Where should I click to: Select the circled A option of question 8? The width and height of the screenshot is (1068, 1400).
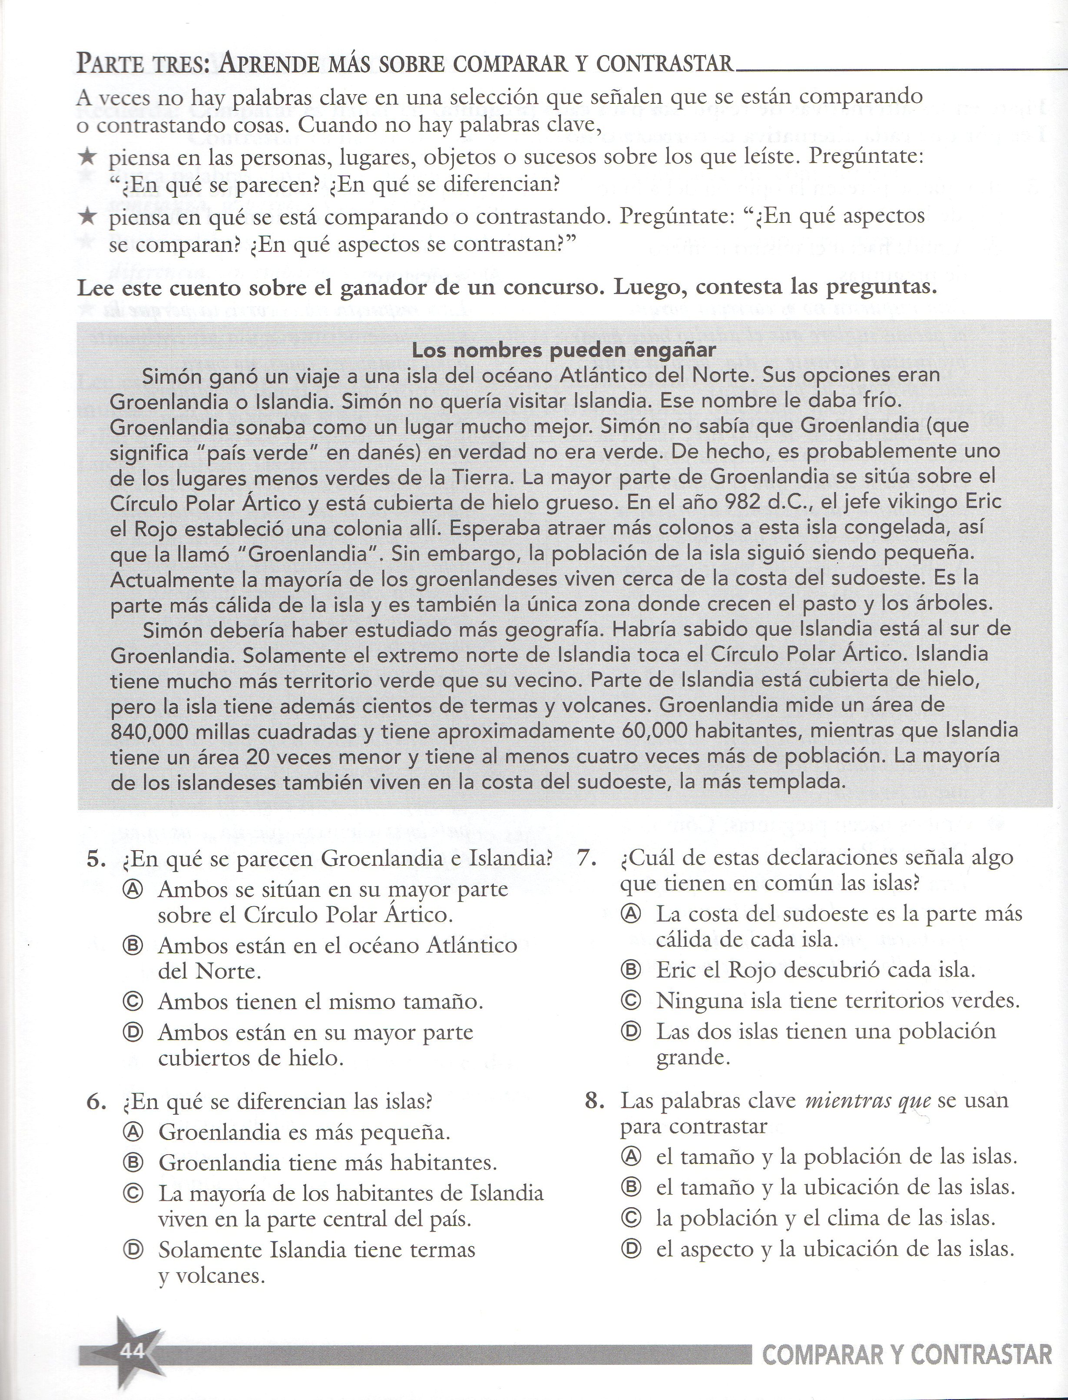click(x=631, y=1156)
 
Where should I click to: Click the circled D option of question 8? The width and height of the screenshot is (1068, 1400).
click(x=631, y=1249)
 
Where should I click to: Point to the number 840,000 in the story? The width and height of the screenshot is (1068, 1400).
click(x=148, y=731)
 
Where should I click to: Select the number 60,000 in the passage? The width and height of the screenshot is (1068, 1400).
click(x=651, y=731)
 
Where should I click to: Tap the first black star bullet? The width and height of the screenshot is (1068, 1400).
click(x=88, y=157)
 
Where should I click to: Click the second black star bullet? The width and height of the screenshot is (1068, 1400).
click(x=88, y=218)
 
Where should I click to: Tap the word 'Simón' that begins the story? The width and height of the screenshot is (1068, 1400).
click(x=166, y=376)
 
